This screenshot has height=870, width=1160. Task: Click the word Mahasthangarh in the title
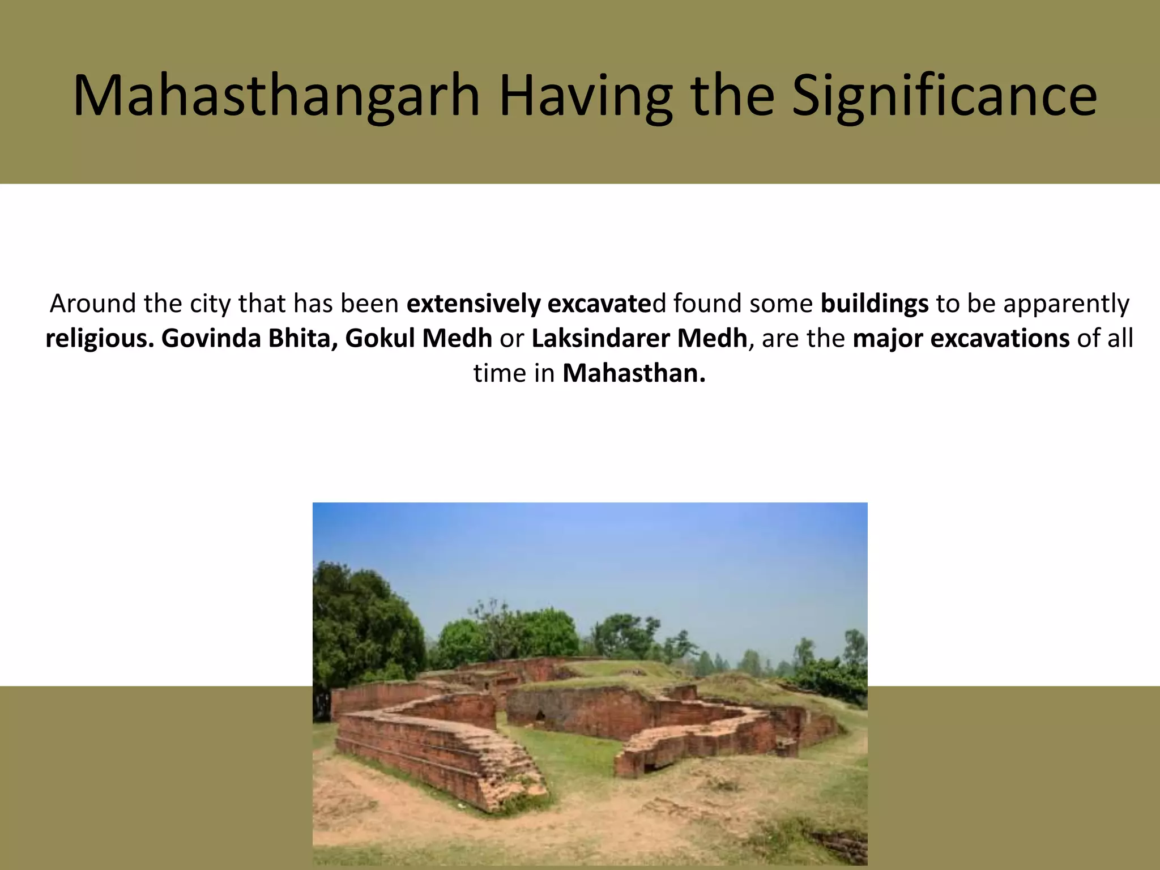click(276, 96)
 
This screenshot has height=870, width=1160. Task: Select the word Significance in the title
click(944, 96)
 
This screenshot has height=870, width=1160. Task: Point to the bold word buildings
click(874, 304)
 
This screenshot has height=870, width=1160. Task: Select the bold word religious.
click(100, 339)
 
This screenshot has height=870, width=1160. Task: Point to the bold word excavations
click(1000, 339)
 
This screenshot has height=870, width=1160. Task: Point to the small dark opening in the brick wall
click(540, 716)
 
